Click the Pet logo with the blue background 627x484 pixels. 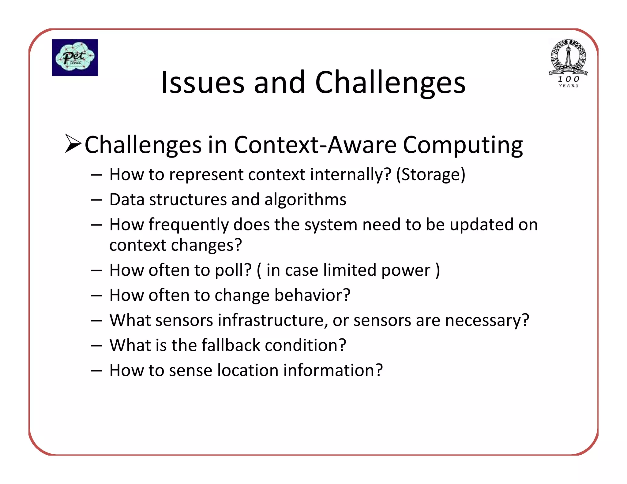75,58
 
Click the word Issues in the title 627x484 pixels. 203,83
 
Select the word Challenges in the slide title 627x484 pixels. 390,83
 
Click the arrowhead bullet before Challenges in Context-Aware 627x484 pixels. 73,143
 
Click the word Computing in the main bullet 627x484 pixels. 463,145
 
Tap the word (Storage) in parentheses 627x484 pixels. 430,175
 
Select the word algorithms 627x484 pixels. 305,200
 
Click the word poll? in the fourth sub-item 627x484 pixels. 233,270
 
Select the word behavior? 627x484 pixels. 312,296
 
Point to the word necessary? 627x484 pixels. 487,321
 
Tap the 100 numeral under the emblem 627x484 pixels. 569,79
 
